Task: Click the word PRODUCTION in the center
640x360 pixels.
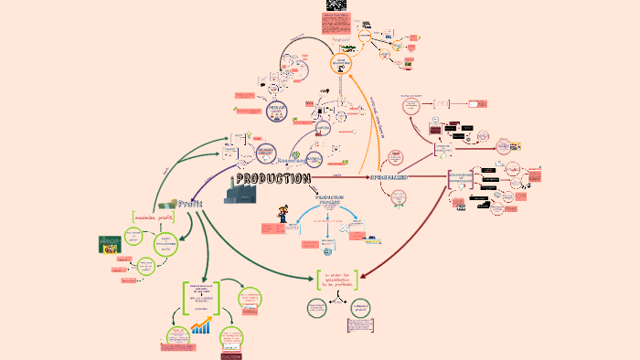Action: (x=273, y=179)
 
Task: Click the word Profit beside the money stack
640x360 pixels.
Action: (x=190, y=204)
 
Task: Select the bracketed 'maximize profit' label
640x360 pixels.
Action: (x=153, y=217)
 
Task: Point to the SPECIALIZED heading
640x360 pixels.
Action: (x=388, y=176)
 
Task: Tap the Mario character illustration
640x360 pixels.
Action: (x=283, y=214)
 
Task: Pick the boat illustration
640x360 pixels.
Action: (x=373, y=239)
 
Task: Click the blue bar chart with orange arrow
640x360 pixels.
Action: (x=202, y=323)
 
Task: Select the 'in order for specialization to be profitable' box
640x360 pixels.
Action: (x=336, y=280)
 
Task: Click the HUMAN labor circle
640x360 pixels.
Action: (x=277, y=111)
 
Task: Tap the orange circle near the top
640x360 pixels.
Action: (x=341, y=63)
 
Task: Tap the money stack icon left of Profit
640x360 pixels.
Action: (x=167, y=205)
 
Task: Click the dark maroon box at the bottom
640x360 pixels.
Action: (x=231, y=355)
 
